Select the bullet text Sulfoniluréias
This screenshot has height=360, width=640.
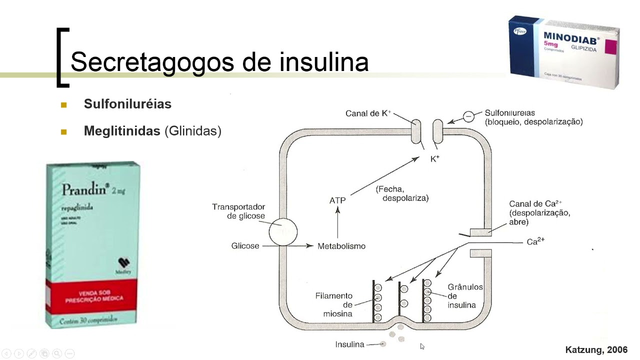(x=127, y=104)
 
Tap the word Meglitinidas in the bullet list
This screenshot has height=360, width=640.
(x=123, y=131)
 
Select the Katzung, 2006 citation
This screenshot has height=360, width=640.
(x=596, y=350)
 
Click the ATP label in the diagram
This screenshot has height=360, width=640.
(x=337, y=200)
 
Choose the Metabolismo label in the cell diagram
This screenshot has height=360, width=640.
(x=341, y=246)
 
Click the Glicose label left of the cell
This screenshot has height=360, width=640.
(x=245, y=246)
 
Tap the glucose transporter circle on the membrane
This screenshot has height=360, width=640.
(x=282, y=232)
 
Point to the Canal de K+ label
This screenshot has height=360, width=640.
(x=368, y=113)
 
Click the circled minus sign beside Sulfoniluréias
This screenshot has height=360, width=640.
(x=468, y=116)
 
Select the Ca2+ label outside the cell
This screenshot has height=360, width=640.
(x=535, y=242)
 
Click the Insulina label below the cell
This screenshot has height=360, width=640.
(x=349, y=344)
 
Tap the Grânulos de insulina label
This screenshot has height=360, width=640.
(x=464, y=296)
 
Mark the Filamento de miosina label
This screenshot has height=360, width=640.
(x=333, y=304)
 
